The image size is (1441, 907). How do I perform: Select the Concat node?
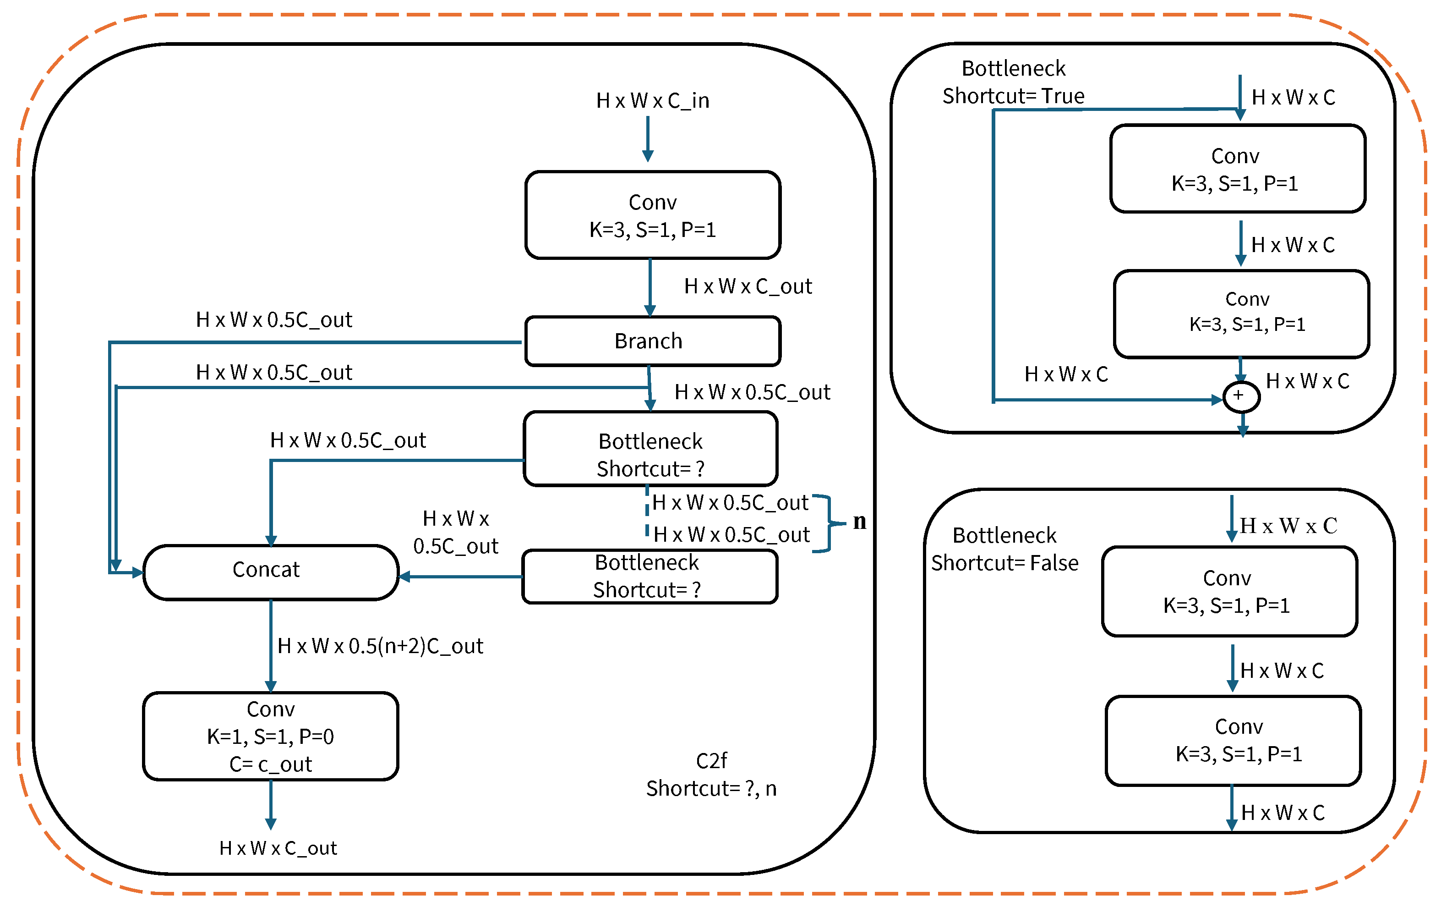[x=271, y=571]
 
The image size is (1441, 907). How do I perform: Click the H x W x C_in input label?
[x=652, y=100]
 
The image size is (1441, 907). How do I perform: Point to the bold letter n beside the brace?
[x=859, y=522]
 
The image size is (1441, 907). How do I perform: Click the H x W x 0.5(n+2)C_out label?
[x=380, y=646]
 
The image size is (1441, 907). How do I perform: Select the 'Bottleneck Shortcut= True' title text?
[x=1013, y=82]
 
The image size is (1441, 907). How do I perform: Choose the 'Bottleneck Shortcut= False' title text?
[x=1004, y=549]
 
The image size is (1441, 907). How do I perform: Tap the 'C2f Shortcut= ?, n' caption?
[x=711, y=775]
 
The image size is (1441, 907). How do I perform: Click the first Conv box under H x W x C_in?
[x=652, y=215]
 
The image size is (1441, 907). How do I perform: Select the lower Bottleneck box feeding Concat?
[x=650, y=577]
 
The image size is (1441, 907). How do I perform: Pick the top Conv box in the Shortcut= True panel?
[x=1237, y=169]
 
